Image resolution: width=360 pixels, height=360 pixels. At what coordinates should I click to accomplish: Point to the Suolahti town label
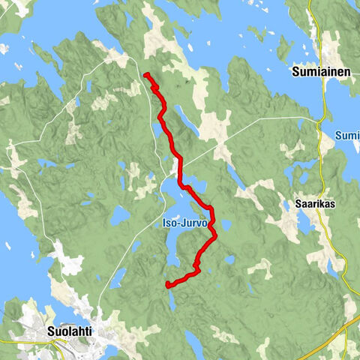point(70,329)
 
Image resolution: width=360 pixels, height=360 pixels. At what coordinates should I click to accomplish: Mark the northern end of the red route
point(145,74)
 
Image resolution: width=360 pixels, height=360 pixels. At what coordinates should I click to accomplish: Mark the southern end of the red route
point(166,284)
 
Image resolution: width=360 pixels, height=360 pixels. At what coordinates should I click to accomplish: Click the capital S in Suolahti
point(49,329)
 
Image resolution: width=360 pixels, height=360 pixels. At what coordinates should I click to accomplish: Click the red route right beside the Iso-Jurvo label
point(212,222)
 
